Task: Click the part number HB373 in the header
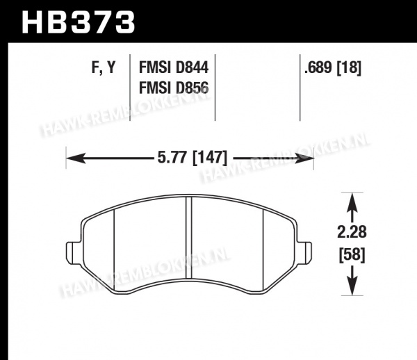[x=79, y=22]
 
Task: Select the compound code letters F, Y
[x=104, y=67]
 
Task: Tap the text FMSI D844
[x=174, y=67]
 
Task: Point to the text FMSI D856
[x=174, y=88]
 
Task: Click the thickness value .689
[x=318, y=67]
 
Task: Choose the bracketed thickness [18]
[x=349, y=67]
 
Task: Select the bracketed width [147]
[x=210, y=157]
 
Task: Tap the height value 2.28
[x=352, y=232]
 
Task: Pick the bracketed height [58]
[x=352, y=255]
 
